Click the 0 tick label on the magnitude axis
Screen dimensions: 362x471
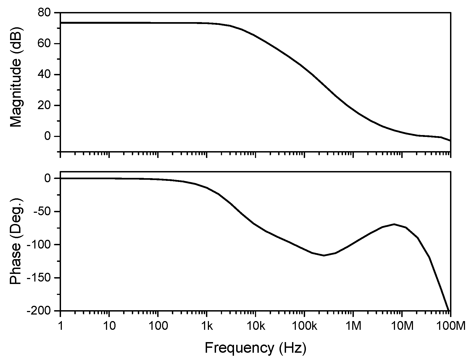(48, 136)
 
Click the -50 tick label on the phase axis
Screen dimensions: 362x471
(41, 212)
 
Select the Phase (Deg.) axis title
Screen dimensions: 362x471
(16, 241)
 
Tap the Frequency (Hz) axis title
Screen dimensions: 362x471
(255, 348)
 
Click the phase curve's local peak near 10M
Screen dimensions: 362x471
(394, 224)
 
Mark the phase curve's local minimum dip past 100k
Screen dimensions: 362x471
(324, 255)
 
